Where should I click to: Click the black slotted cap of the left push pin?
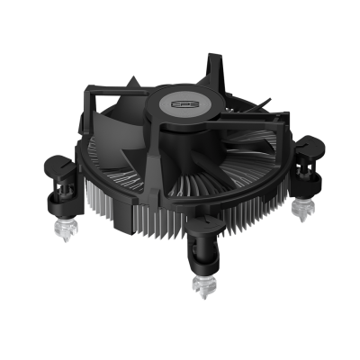pos(58,167)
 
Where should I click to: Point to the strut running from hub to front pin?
pos(193,180)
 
